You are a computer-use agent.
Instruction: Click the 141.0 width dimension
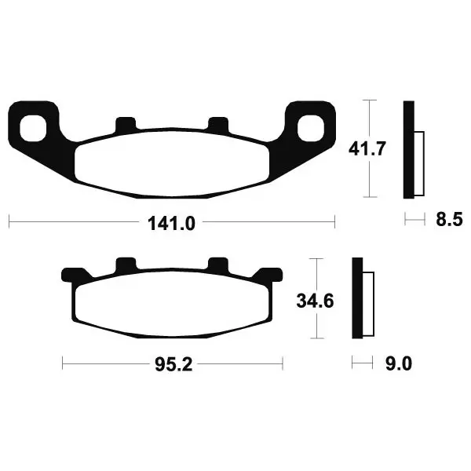coord(171,224)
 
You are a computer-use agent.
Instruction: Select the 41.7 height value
coord(367,148)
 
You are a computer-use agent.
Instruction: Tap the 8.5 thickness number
coord(449,220)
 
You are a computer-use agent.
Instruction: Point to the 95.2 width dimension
coord(173,365)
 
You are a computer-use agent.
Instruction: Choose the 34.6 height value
coord(315,301)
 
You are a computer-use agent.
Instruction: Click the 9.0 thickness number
coord(398,364)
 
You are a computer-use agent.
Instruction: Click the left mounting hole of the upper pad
coord(33,128)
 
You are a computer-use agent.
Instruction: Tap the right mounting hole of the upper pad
coord(310,128)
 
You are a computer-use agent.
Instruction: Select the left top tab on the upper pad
coord(126,124)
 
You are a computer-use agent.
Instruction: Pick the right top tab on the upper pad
coord(218,124)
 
